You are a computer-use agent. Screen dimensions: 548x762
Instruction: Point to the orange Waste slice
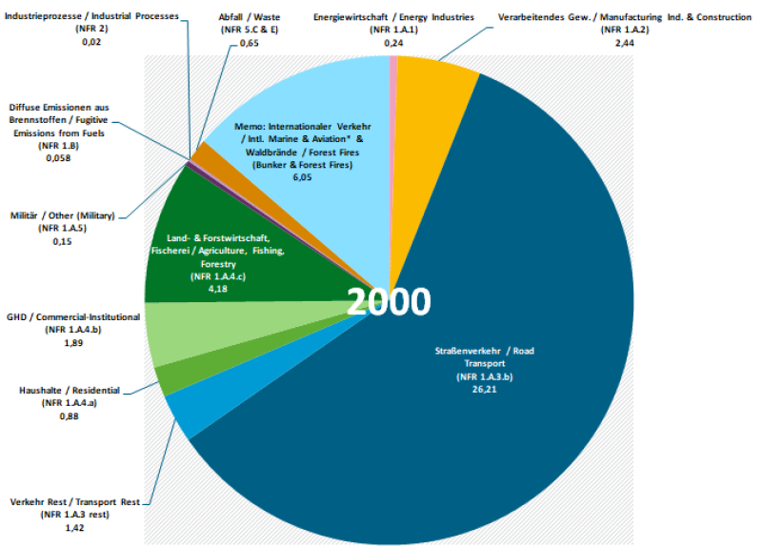coord(202,152)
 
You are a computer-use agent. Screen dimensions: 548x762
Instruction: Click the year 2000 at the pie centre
coord(388,301)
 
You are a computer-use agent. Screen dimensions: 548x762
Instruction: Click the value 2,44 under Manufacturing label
coord(625,44)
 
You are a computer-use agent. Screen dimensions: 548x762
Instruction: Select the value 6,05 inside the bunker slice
coord(302,177)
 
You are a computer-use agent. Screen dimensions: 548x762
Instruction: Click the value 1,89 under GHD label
coord(72,342)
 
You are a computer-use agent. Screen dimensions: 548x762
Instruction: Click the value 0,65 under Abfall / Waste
coord(249,44)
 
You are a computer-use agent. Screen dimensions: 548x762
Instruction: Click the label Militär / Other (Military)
coord(62,216)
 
